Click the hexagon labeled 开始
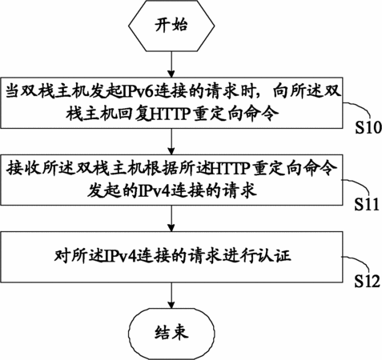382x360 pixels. tap(171, 26)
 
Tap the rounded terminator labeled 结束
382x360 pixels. tap(171, 333)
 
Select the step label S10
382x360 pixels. tap(368, 127)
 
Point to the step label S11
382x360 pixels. tap(367, 205)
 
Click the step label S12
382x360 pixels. tap(367, 281)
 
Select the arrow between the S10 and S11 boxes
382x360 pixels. tap(171, 142)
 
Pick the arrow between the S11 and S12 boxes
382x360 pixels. tap(171, 218)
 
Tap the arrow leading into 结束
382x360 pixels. tap(171, 295)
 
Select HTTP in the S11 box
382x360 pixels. tap(231, 169)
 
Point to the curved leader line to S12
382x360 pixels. tap(359, 262)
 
